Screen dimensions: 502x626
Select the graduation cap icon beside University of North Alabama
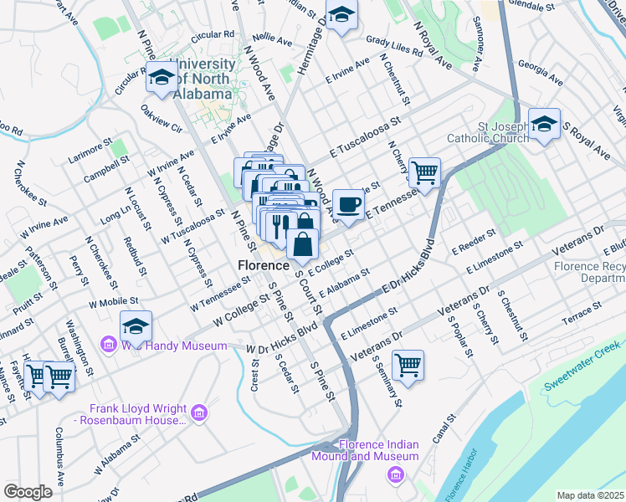(x=161, y=77)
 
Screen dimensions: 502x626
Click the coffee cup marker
(x=348, y=204)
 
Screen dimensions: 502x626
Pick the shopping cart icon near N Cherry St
(x=425, y=173)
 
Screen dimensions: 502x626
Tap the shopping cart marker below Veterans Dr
(x=408, y=365)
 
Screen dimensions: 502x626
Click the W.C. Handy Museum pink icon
(x=109, y=345)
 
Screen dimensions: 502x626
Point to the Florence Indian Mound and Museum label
(x=365, y=450)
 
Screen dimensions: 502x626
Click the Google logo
(x=28, y=491)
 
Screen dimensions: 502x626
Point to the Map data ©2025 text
(x=590, y=495)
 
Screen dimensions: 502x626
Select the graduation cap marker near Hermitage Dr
(x=341, y=15)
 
